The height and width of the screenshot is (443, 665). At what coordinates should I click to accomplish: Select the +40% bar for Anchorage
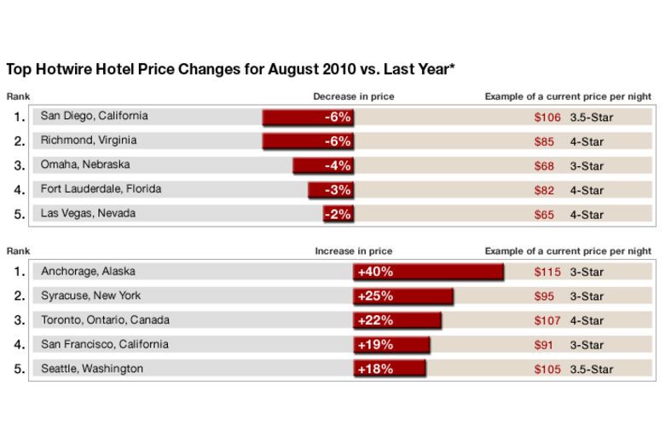(x=428, y=272)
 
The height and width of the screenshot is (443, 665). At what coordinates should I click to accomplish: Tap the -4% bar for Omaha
(x=323, y=165)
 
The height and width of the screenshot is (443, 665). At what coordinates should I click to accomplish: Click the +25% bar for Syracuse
(x=403, y=296)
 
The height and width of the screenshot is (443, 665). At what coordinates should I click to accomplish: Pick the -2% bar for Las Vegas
(x=338, y=214)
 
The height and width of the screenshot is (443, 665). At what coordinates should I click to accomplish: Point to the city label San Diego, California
(x=94, y=116)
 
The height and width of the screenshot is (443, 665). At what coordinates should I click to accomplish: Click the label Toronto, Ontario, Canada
(x=105, y=320)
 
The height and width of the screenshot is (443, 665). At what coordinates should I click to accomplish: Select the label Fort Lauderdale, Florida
(x=101, y=189)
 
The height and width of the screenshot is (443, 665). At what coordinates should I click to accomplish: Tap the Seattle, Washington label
(x=92, y=369)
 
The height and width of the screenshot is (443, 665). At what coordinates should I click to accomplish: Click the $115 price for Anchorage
(x=547, y=272)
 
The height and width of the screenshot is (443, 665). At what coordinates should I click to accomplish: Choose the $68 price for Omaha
(x=543, y=166)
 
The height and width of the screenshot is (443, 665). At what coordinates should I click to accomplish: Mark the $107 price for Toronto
(x=547, y=320)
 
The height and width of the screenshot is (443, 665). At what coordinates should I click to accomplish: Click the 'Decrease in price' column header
(x=353, y=96)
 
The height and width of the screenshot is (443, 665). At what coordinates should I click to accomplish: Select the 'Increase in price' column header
(x=353, y=251)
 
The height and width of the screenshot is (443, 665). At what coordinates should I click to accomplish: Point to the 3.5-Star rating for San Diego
(x=591, y=118)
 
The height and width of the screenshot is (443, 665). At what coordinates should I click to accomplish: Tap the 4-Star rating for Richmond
(x=587, y=141)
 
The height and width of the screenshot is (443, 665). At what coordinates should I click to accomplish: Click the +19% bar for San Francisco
(x=391, y=345)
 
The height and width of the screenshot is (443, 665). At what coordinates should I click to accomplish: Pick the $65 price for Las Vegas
(x=543, y=215)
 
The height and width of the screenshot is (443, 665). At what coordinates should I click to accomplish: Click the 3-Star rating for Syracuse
(x=587, y=296)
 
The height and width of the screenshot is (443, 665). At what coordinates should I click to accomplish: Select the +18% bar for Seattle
(x=390, y=369)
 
